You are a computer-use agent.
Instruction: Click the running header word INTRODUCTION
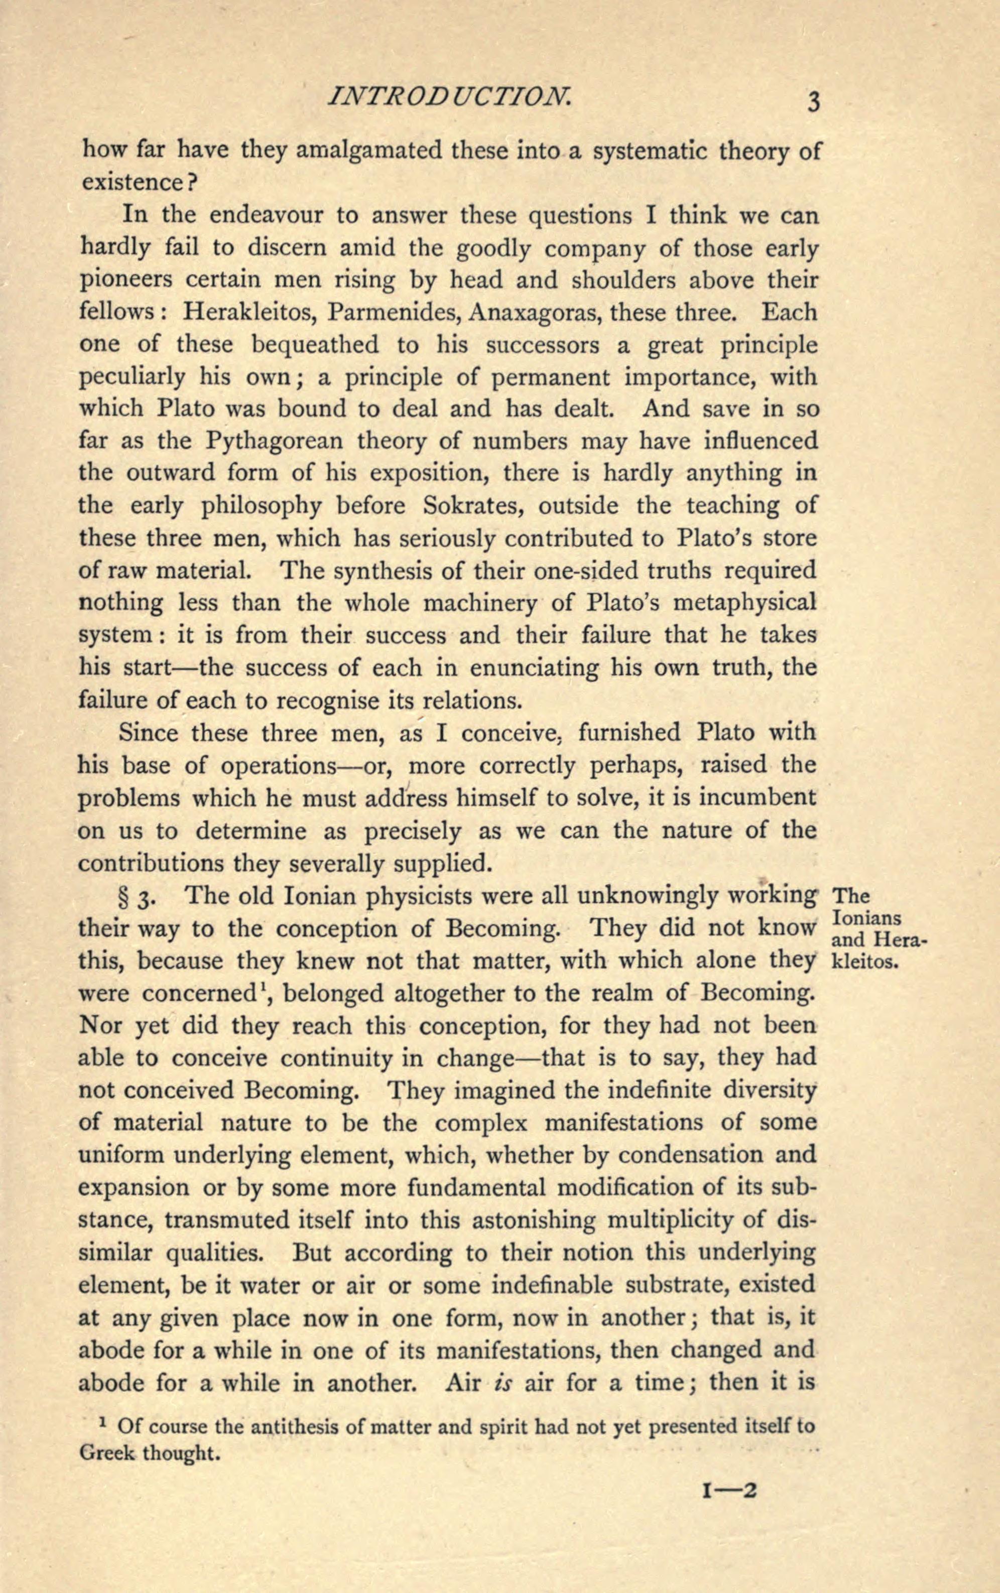[450, 98]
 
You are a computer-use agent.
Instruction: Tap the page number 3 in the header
[813, 102]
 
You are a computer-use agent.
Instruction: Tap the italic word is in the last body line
[494, 1382]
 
